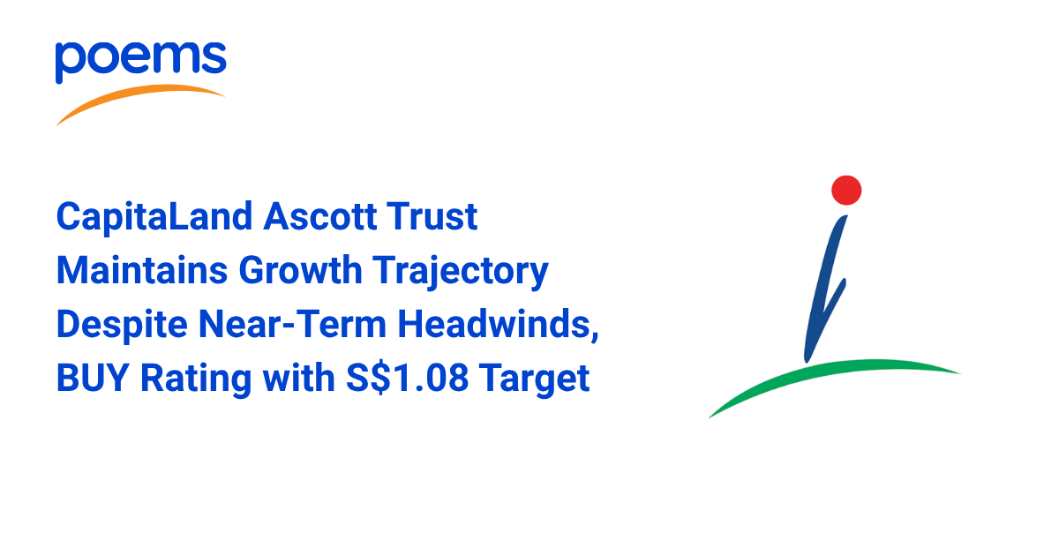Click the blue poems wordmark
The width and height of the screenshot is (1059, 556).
[141, 62]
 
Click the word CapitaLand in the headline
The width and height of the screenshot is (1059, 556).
[154, 217]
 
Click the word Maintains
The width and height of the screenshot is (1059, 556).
[142, 270]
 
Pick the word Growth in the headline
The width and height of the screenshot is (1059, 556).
[300, 270]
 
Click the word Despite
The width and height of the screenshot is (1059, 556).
[122, 326]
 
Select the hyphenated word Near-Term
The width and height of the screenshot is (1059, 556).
[293, 325]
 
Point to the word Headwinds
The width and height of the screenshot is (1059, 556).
[493, 325]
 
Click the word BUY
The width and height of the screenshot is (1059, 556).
[93, 379]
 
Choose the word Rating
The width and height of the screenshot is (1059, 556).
[196, 379]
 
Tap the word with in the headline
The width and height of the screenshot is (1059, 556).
[299, 378]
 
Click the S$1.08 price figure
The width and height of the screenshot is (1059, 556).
[407, 379]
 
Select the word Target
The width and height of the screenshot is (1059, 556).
[534, 379]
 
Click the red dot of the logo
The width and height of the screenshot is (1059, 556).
[846, 190]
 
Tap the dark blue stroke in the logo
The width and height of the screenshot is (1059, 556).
[825, 289]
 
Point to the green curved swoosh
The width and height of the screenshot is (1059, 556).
[832, 373]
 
